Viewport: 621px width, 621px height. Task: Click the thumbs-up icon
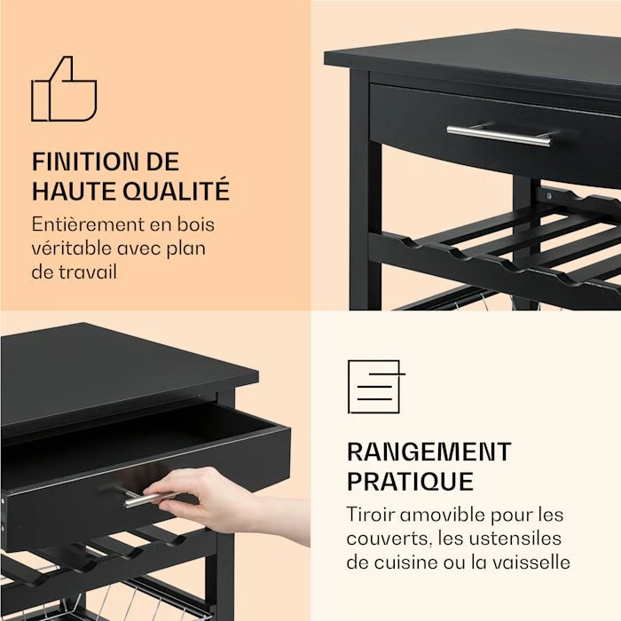pyautogui.click(x=64, y=89)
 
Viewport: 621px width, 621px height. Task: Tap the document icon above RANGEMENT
pyautogui.click(x=376, y=387)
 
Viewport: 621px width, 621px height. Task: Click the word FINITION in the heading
pyautogui.click(x=85, y=161)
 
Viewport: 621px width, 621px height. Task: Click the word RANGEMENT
pyautogui.click(x=428, y=452)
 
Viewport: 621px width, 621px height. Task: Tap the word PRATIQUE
pyautogui.click(x=410, y=482)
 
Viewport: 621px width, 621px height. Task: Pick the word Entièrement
pyautogui.click(x=83, y=224)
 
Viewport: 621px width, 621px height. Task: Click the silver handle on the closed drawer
pyautogui.click(x=499, y=135)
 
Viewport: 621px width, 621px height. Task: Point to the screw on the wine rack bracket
pyautogui.click(x=549, y=195)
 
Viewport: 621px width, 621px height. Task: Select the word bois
pyautogui.click(x=196, y=224)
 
